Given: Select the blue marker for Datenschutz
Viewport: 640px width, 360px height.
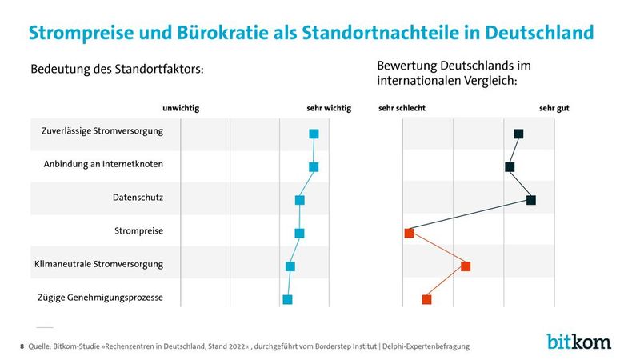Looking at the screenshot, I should pos(300,200).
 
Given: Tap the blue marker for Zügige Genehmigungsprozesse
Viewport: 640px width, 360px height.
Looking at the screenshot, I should pos(287,299).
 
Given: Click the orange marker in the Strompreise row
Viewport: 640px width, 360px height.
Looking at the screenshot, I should pos(409,233).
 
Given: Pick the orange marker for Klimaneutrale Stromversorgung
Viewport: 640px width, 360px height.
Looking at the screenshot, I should pos(466,266).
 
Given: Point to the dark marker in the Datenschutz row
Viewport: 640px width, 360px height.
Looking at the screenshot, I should pos(530,200).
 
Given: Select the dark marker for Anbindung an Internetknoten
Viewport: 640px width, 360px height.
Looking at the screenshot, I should pos(510,167).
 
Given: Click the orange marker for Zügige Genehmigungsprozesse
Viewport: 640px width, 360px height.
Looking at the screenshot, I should pos(426,299).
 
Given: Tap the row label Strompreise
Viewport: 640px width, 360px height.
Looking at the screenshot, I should pos(139,231).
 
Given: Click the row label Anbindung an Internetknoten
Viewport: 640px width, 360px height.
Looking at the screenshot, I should pos(103,165).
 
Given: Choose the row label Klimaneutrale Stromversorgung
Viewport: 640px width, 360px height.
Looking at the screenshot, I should pos(98,264).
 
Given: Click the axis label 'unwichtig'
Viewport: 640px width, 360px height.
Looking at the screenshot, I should pos(181,107).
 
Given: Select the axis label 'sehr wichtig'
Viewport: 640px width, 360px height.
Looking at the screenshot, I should pos(328,107).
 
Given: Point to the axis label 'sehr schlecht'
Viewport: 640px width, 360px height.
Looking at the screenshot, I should pos(402,107).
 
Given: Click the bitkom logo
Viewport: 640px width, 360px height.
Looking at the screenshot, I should pos(578,341).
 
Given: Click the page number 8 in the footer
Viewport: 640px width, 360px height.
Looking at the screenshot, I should pos(21,346).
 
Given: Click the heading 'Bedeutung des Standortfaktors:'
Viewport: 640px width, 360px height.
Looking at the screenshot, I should pos(117,70).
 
